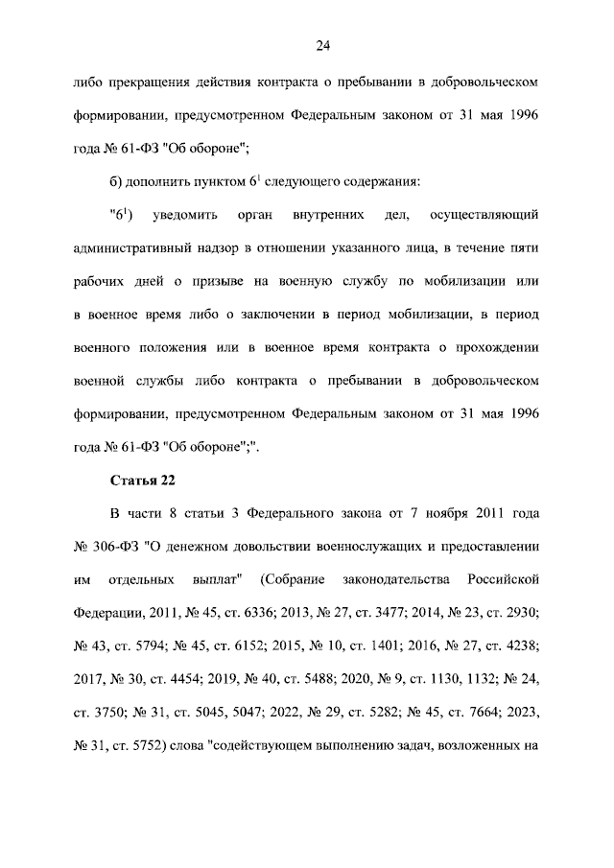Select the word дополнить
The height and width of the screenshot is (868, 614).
click(168, 182)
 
